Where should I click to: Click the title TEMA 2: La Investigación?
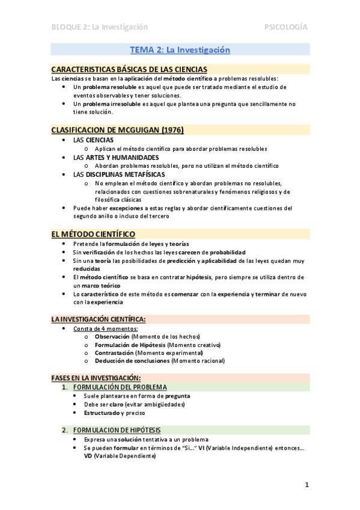click(180, 50)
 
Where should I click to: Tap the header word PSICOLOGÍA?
click(286, 27)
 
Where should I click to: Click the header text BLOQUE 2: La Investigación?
click(99, 27)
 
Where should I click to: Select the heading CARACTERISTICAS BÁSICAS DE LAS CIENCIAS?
click(129, 70)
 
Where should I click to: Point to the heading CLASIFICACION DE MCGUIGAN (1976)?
click(117, 129)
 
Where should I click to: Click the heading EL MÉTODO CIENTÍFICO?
click(93, 234)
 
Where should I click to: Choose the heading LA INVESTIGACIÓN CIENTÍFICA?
click(98, 319)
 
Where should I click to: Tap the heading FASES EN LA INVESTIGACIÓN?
click(96, 377)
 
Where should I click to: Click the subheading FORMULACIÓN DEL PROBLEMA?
click(120, 387)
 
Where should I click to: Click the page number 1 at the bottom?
click(307, 485)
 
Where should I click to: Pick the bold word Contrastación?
click(115, 352)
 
